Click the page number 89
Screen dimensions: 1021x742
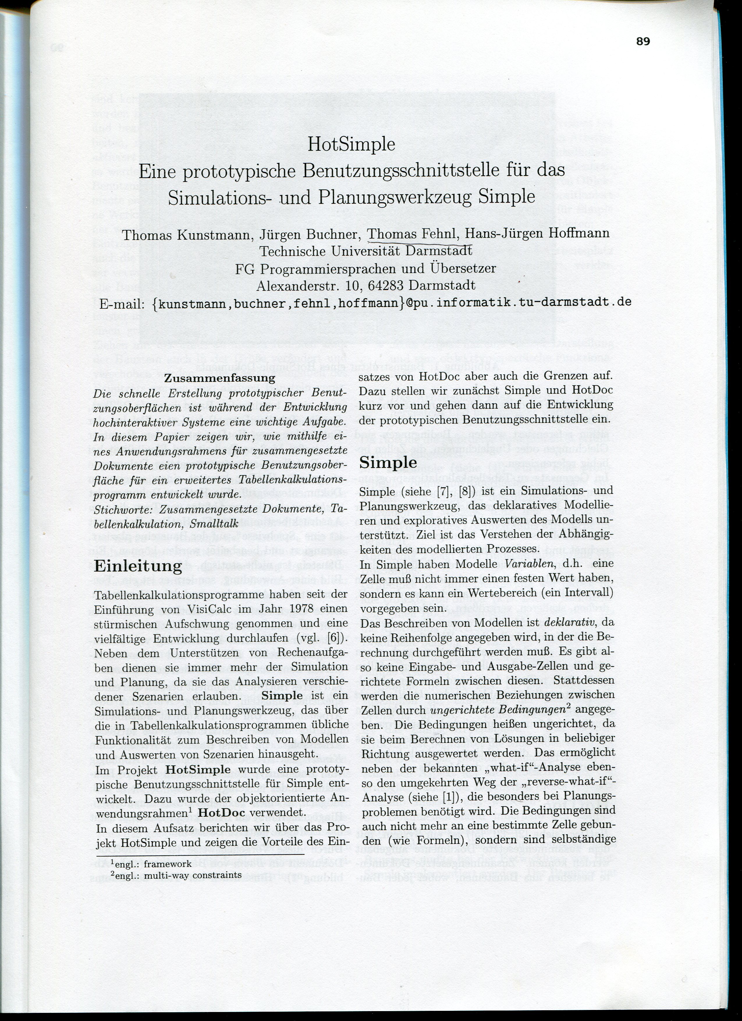coord(643,41)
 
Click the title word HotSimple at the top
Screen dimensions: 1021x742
coord(351,145)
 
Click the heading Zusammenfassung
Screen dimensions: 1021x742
coord(219,378)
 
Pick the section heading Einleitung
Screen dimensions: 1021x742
coord(138,566)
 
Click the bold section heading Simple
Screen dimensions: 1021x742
coord(388,462)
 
